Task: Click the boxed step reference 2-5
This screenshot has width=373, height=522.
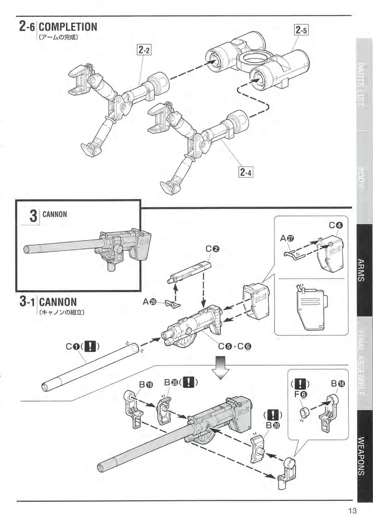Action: pos(301,30)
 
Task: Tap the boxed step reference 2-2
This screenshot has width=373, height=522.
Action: pos(144,50)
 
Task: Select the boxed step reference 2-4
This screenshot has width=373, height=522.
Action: pos(245,172)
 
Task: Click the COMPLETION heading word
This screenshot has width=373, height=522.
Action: pos(68,27)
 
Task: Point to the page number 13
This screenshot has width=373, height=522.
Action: pos(352,511)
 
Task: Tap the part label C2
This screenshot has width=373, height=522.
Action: pos(212,248)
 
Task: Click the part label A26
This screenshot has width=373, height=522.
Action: pos(149,302)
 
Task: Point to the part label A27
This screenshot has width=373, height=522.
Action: pos(287,238)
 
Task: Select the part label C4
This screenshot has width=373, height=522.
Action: pos(336,225)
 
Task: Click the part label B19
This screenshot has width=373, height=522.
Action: pos(146,384)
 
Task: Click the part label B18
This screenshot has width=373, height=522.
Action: pos(338,384)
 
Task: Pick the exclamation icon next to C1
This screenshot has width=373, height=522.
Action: pos(90,346)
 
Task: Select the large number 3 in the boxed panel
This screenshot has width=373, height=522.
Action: pos(33,216)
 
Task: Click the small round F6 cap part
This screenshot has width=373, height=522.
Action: pos(304,413)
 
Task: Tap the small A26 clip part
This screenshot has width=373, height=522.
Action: pos(173,304)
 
